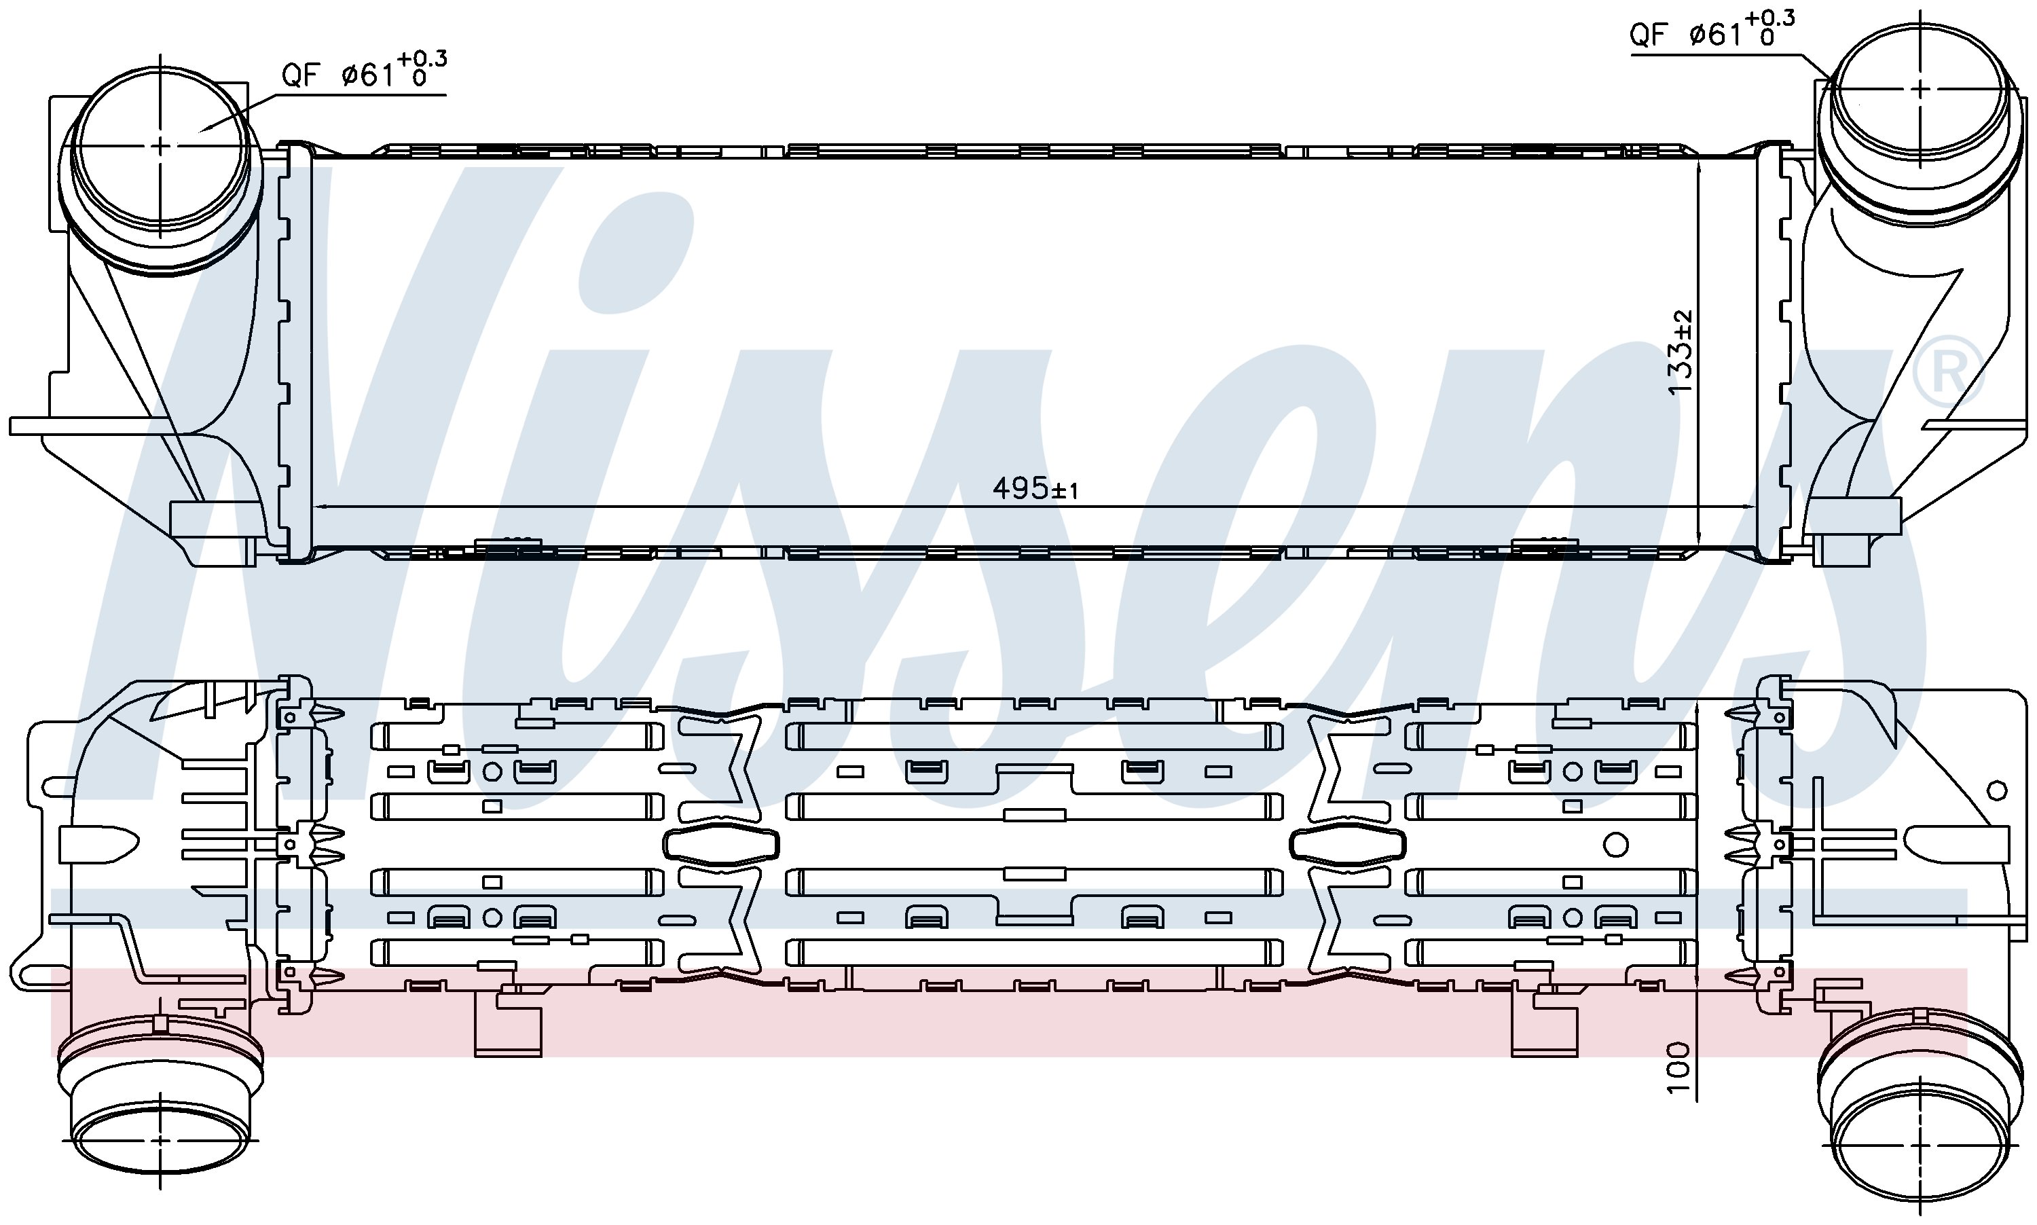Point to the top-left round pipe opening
tap(160, 146)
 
